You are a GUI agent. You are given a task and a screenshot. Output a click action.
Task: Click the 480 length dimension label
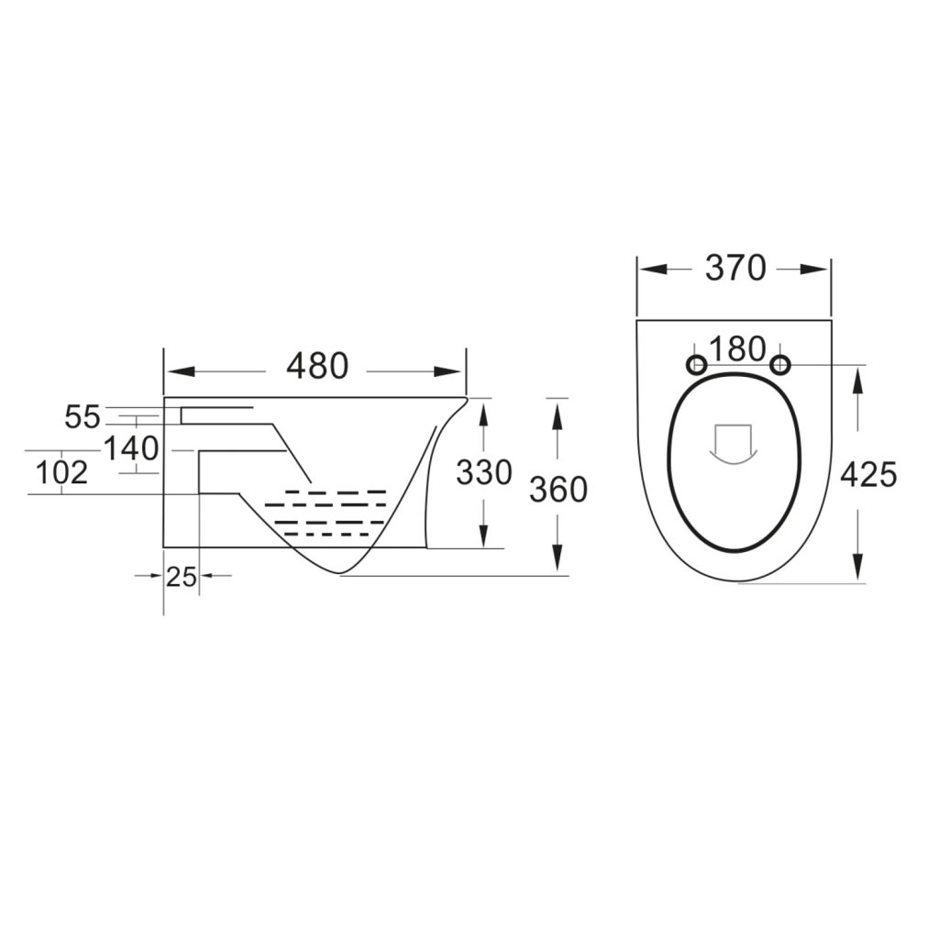[317, 367]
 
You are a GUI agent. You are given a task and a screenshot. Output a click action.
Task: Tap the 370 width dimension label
[735, 268]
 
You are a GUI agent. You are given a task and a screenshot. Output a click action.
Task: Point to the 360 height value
[558, 490]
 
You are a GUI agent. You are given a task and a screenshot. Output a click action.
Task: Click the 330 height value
[483, 473]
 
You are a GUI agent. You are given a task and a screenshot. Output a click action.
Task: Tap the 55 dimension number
[82, 417]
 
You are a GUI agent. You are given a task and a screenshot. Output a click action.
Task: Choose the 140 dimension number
[130, 449]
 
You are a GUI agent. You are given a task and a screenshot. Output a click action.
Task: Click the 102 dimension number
[61, 473]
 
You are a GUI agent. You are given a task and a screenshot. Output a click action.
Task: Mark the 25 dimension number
[182, 577]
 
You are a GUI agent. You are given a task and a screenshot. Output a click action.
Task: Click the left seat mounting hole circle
[696, 365]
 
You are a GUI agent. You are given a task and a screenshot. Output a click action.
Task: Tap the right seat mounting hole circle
[780, 365]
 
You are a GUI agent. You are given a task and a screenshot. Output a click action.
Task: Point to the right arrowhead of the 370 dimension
[815, 269]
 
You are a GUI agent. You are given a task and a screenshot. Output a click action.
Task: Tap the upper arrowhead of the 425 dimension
[857, 379]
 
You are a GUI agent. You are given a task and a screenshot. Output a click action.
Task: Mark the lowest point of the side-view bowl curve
[341, 574]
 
